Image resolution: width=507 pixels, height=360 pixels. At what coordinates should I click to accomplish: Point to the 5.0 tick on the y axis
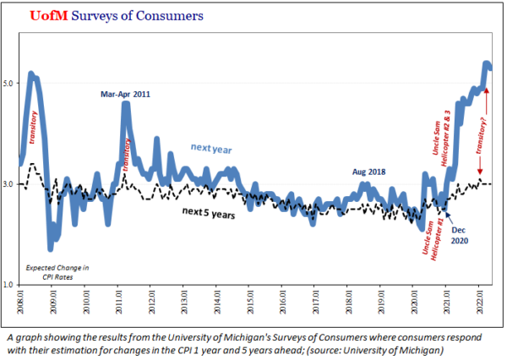pyautogui.click(x=9, y=83)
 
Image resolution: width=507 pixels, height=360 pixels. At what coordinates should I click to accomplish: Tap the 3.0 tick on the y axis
pyautogui.click(x=9, y=183)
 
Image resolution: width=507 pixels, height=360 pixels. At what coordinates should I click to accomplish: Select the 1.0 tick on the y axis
pyautogui.click(x=9, y=284)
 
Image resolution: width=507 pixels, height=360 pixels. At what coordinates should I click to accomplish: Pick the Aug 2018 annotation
pyautogui.click(x=368, y=172)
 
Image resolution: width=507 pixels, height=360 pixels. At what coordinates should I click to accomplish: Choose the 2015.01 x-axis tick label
pyautogui.click(x=250, y=302)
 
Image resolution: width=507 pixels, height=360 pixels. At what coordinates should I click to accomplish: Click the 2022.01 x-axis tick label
pyautogui.click(x=480, y=302)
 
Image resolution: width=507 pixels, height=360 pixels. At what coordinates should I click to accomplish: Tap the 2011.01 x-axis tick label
pyautogui.click(x=119, y=302)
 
